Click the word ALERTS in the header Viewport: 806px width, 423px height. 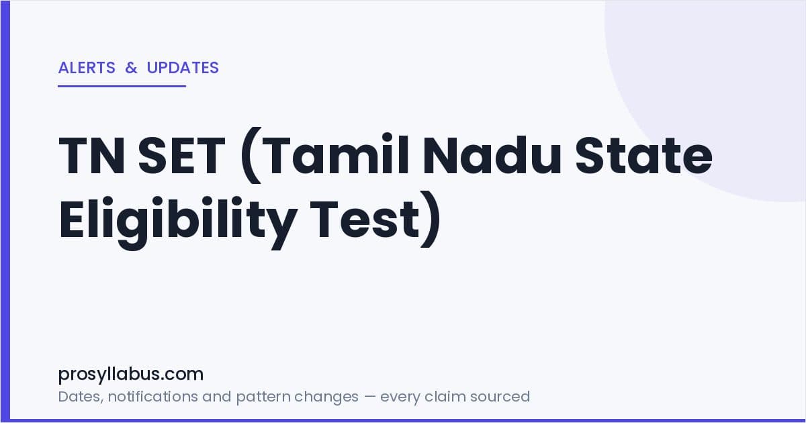click(87, 68)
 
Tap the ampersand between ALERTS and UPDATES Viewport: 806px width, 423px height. click(132, 68)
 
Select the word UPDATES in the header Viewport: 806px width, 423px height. click(183, 68)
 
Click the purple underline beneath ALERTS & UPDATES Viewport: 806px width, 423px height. click(122, 87)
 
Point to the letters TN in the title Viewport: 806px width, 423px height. click(92, 155)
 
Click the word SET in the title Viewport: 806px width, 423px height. click(181, 155)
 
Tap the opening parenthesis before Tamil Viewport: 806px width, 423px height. click(251, 155)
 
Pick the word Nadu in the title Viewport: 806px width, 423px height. click(492, 154)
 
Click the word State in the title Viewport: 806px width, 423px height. click(643, 155)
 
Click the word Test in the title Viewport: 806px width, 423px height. click(365, 220)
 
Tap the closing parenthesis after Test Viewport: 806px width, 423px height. click(431, 220)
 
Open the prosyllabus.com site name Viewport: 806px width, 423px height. click(131, 375)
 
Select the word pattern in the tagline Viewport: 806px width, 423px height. click(263, 397)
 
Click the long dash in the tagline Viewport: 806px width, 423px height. click(369, 397)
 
